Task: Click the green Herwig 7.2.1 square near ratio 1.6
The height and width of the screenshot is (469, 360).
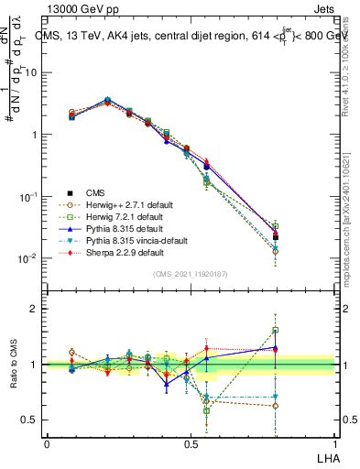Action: [x=276, y=331]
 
